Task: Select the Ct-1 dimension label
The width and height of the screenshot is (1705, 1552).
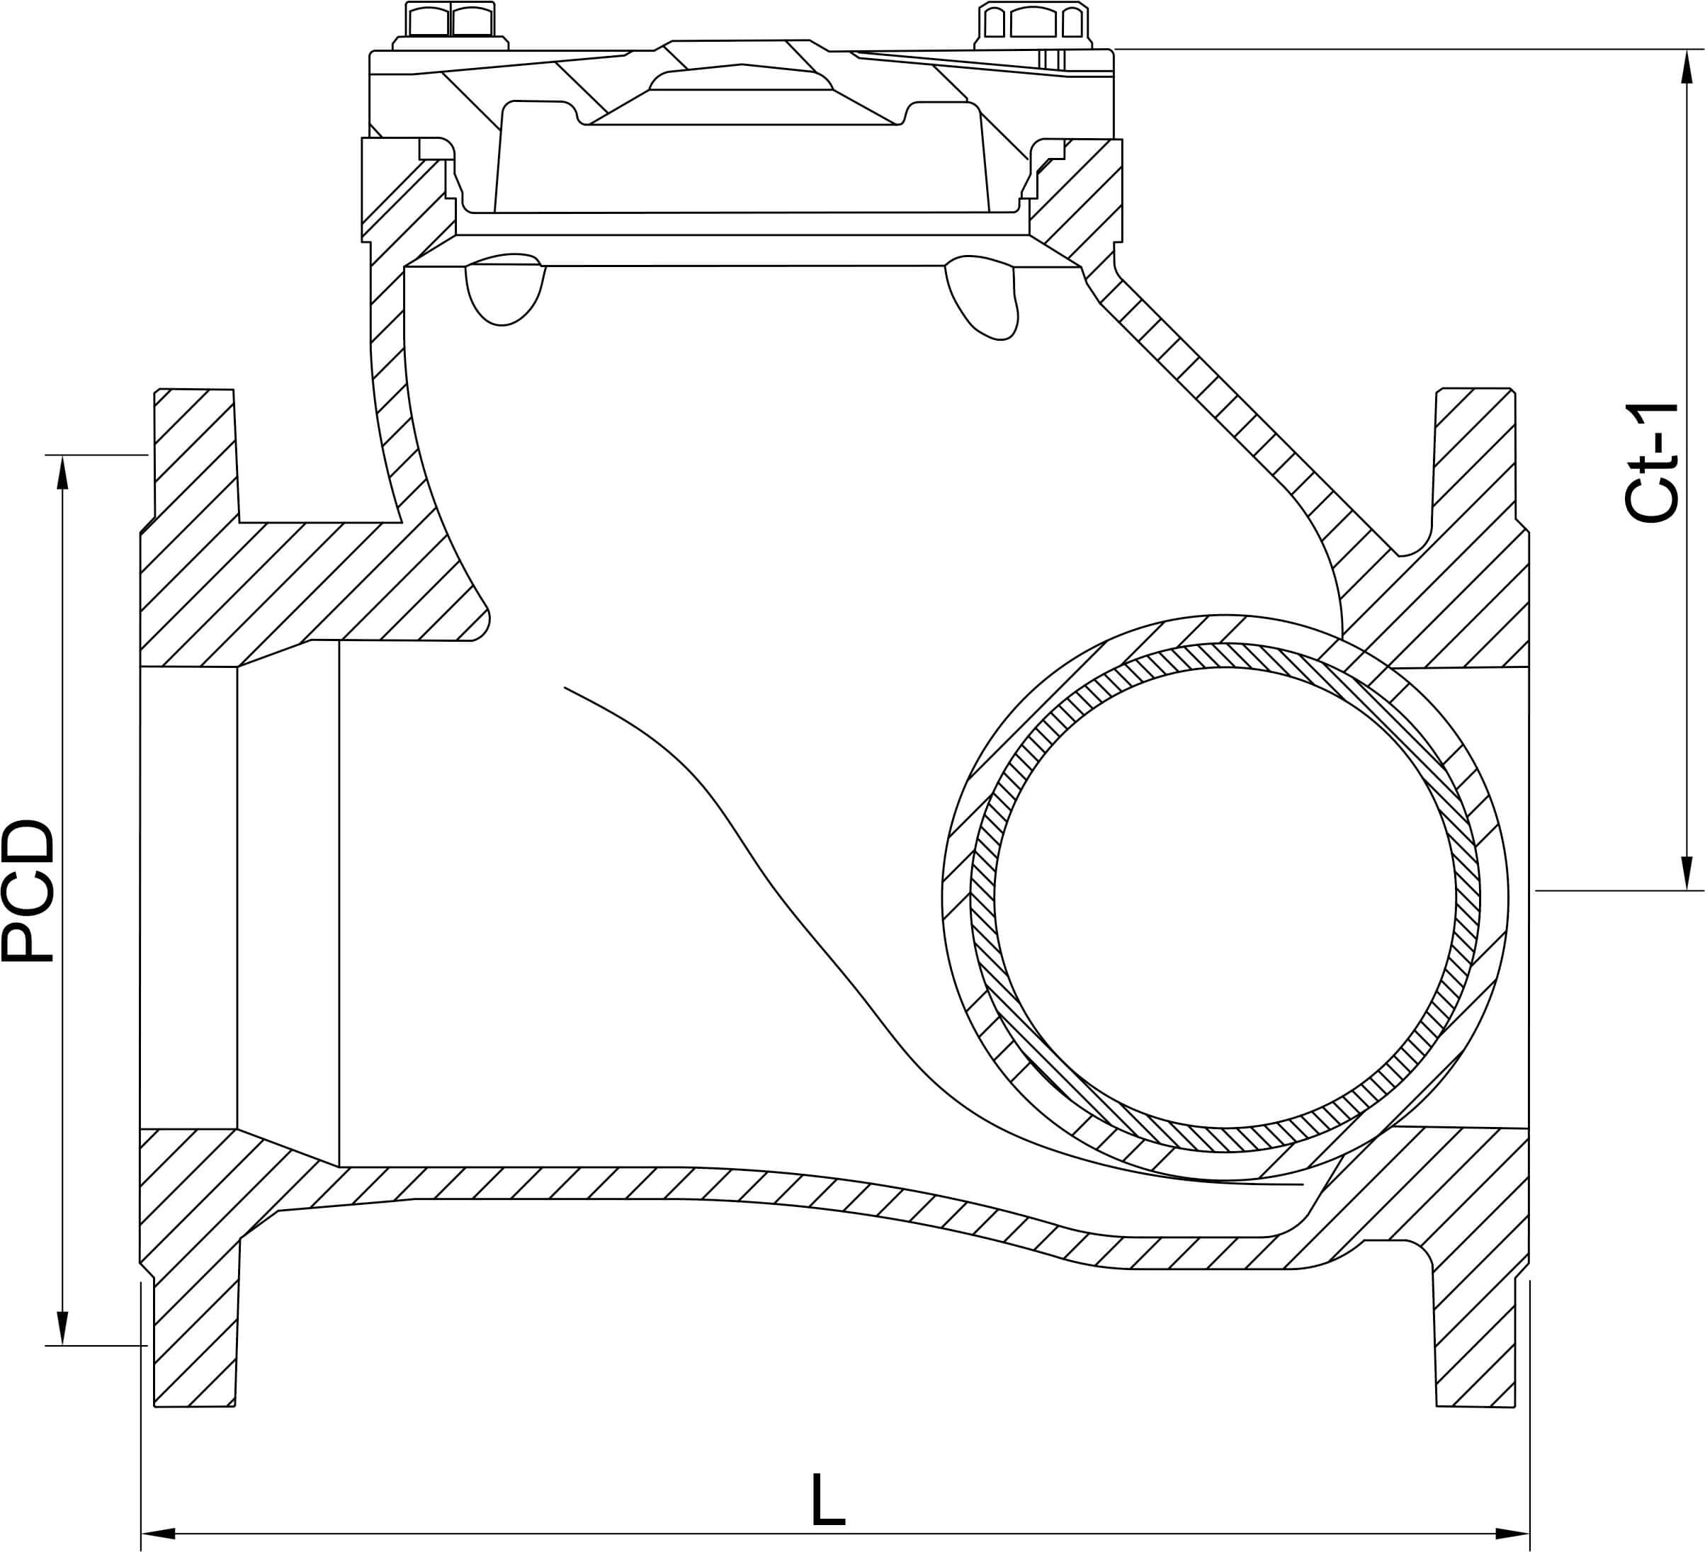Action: [x=1651, y=463]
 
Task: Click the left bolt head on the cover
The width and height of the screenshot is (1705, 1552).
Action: [x=450, y=21]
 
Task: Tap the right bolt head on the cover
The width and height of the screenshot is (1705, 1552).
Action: [x=1033, y=21]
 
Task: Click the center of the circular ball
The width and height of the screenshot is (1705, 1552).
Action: [x=1225, y=898]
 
